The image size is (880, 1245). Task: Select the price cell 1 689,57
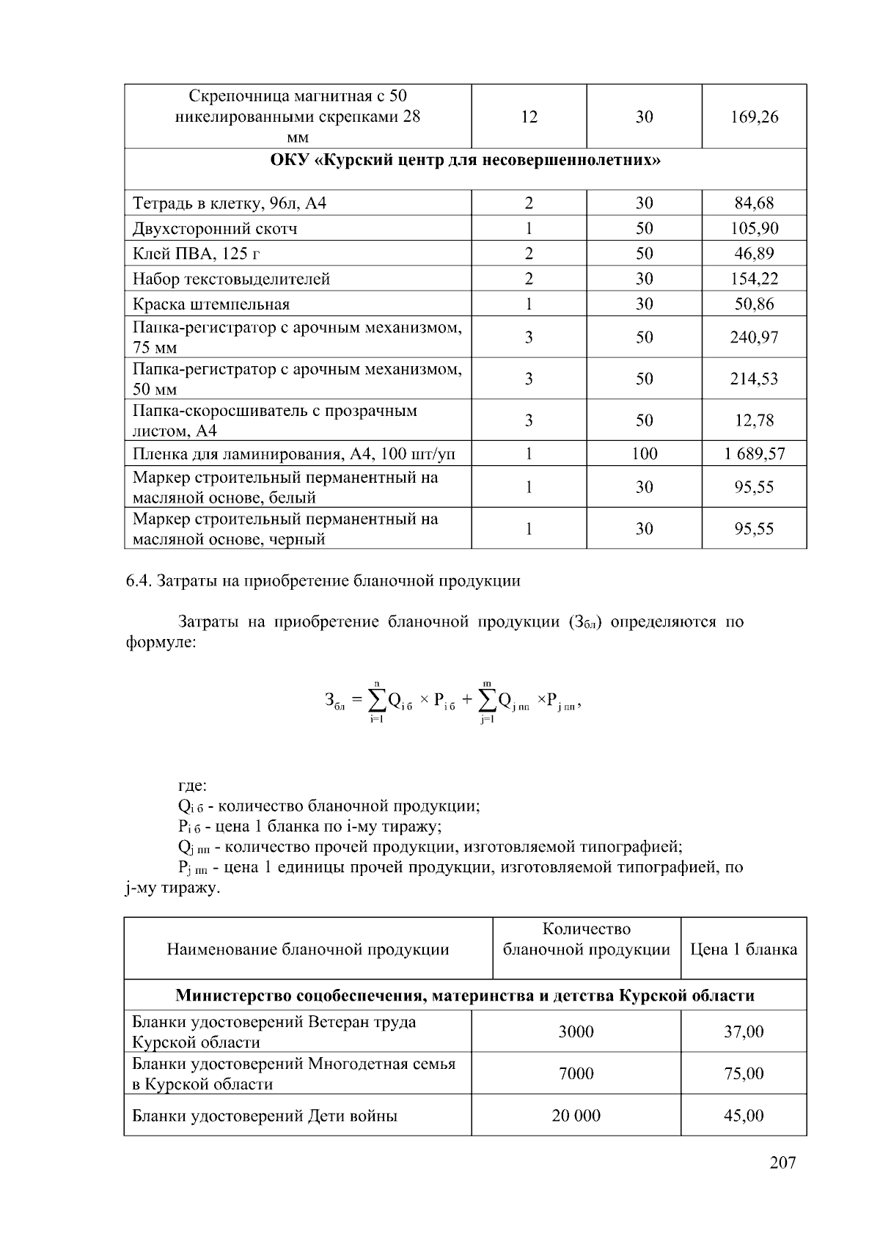click(x=754, y=453)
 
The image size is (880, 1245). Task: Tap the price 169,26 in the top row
click(x=754, y=117)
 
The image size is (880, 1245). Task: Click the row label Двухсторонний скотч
click(x=215, y=228)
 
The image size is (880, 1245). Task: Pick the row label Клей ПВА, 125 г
click(x=197, y=254)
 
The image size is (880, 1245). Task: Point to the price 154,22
click(x=754, y=279)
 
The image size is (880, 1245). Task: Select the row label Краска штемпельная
click(x=211, y=304)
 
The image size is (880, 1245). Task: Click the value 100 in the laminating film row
click(x=644, y=453)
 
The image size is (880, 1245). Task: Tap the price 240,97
click(x=754, y=337)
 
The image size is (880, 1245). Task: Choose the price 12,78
click(x=754, y=420)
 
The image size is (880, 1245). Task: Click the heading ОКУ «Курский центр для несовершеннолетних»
click(x=466, y=160)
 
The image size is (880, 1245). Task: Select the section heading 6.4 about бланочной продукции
click(x=323, y=581)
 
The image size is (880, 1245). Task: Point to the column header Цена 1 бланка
click(x=744, y=949)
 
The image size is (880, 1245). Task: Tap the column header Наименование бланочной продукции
click(x=308, y=949)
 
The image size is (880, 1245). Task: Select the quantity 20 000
click(x=576, y=1116)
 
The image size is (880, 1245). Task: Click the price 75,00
click(x=744, y=1074)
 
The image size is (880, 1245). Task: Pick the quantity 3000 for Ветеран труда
click(x=576, y=1032)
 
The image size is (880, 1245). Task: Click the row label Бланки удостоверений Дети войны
click(x=265, y=1116)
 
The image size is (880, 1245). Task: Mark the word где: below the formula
click(x=193, y=786)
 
